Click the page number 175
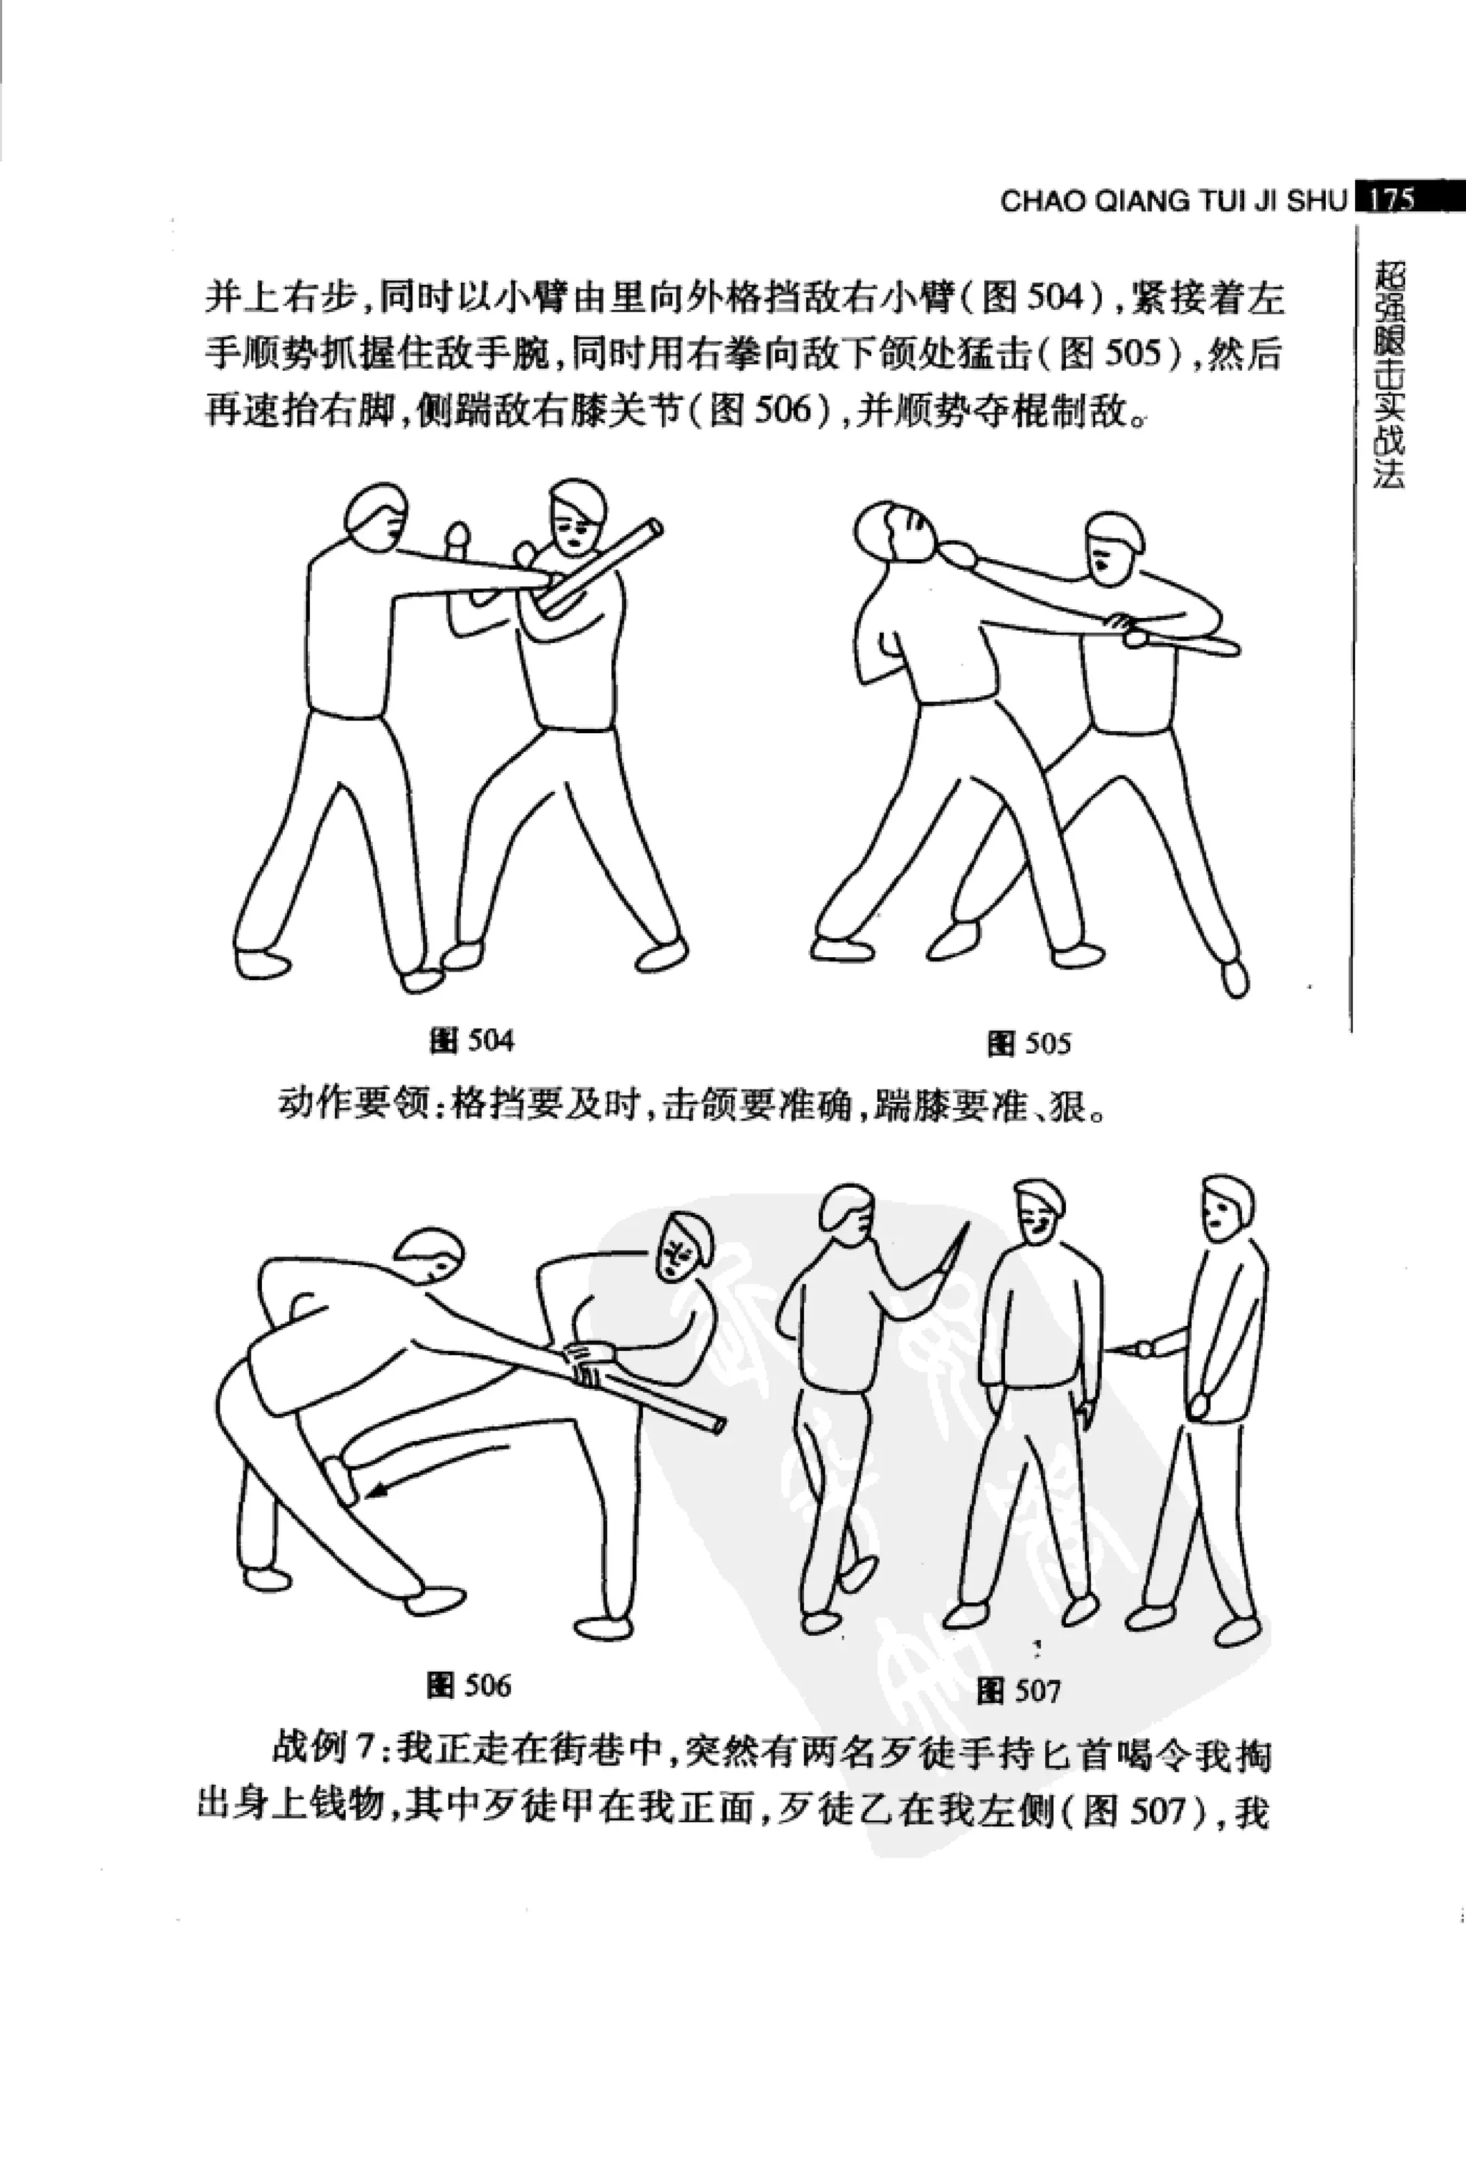[1394, 200]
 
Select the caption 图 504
[472, 1040]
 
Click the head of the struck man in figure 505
[892, 529]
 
